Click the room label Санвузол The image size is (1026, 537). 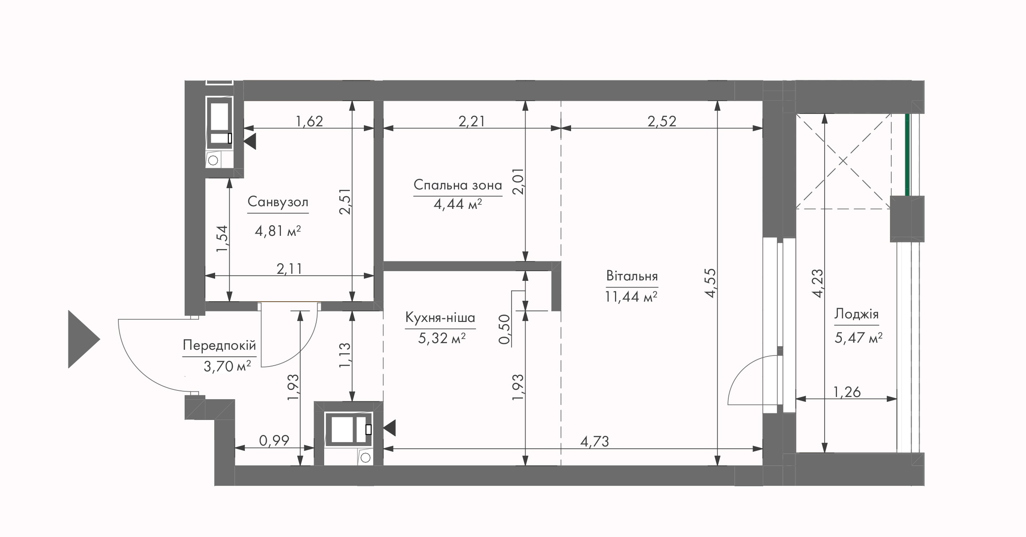coord(278,202)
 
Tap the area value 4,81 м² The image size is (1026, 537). coord(278,231)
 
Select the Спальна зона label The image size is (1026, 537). coord(458,185)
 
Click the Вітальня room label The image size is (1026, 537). coord(632,276)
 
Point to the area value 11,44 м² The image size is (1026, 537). coord(631,297)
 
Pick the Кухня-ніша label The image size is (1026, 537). coord(440,318)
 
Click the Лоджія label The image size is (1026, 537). coord(856,314)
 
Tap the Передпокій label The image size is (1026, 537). coord(220,345)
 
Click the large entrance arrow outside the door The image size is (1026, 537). coord(84,339)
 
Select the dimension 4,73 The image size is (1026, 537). coord(594,441)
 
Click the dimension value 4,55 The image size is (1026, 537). coord(710,283)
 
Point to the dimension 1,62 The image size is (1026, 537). coord(309,121)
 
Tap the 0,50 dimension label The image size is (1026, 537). coord(504,329)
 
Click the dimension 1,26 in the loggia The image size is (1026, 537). coord(847,392)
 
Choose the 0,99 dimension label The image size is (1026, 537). coord(274,441)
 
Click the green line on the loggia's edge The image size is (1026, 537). coord(907,155)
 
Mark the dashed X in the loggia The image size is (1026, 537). coord(843,161)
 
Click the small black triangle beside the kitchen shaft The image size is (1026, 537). coord(389,428)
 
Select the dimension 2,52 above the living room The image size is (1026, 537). coord(662,121)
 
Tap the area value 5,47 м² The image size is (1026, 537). coord(858,338)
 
